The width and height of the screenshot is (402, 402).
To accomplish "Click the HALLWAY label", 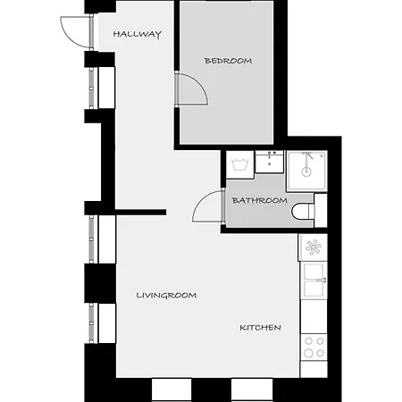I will [137, 35].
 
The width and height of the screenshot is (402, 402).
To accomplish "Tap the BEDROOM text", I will [228, 61].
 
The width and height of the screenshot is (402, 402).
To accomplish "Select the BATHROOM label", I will [259, 200].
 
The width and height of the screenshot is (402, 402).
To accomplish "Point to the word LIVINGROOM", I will [166, 295].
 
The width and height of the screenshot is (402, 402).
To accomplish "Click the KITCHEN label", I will [260, 328].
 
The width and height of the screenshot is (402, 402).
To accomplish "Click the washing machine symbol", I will [239, 163].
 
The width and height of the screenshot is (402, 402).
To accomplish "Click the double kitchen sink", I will [314, 280].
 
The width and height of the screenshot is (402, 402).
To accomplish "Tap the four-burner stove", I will [314, 347].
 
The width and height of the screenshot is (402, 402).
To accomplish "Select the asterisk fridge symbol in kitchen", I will [313, 247].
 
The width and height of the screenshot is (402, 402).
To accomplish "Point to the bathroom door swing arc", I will [205, 207].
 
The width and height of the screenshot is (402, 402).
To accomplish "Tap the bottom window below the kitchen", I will [251, 389].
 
